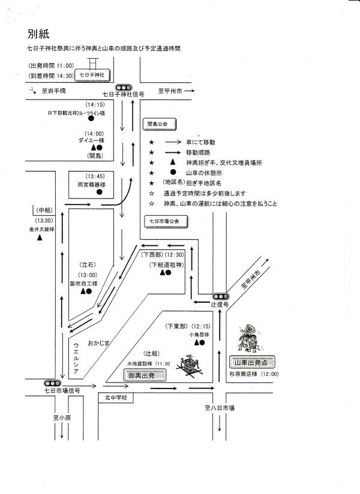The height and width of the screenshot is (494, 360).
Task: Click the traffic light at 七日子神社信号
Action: click(x=124, y=87)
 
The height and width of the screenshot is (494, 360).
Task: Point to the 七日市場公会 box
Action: click(x=166, y=221)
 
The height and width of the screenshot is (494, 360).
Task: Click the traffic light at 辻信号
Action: click(x=220, y=297)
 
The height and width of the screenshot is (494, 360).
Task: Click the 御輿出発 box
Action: click(x=142, y=375)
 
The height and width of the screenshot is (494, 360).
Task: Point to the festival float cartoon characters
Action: click(x=249, y=340)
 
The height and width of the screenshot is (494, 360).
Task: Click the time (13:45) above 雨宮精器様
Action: click(x=95, y=176)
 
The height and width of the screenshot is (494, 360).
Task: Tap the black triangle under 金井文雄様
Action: click(x=40, y=237)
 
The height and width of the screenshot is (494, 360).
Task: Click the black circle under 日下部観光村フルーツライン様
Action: click(x=91, y=119)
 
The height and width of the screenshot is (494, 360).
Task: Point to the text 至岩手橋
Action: click(x=53, y=91)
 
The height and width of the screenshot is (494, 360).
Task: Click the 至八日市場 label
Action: click(x=219, y=408)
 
